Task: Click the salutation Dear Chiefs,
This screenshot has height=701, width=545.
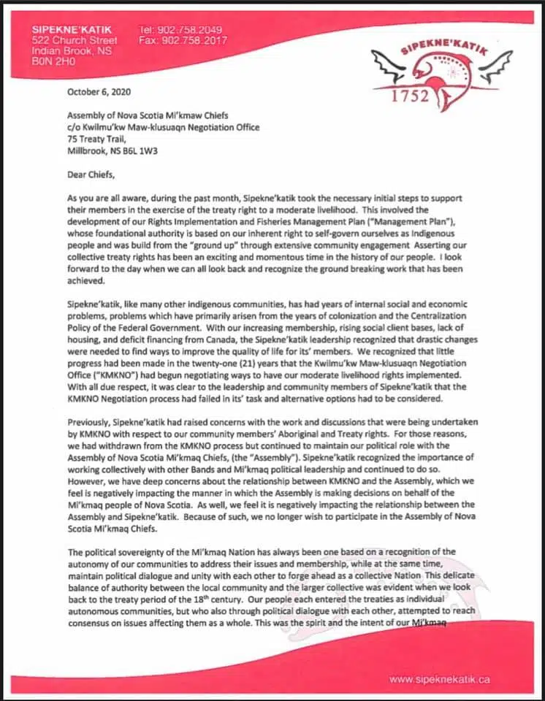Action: click(x=93, y=175)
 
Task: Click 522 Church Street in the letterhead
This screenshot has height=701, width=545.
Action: click(x=74, y=40)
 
